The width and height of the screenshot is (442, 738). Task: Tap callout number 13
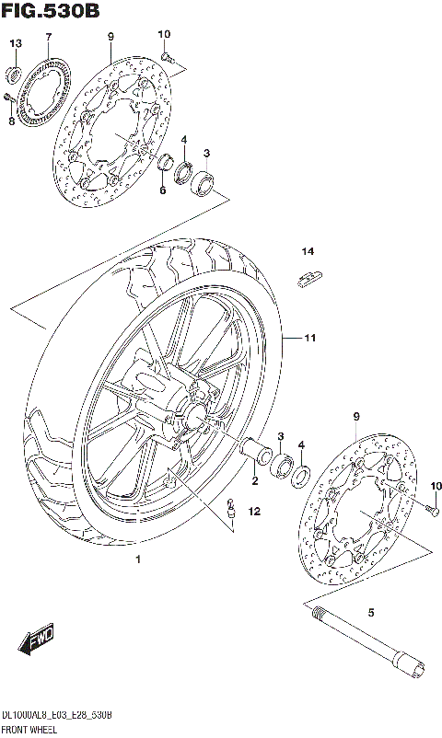(x=16, y=44)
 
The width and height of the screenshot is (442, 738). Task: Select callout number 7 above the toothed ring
(x=48, y=37)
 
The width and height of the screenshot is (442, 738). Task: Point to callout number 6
(x=162, y=190)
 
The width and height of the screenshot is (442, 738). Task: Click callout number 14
(x=306, y=251)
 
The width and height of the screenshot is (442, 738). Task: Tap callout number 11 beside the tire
(x=310, y=339)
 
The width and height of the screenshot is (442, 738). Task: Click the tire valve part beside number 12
(x=231, y=505)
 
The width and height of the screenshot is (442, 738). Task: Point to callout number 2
(x=255, y=479)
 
